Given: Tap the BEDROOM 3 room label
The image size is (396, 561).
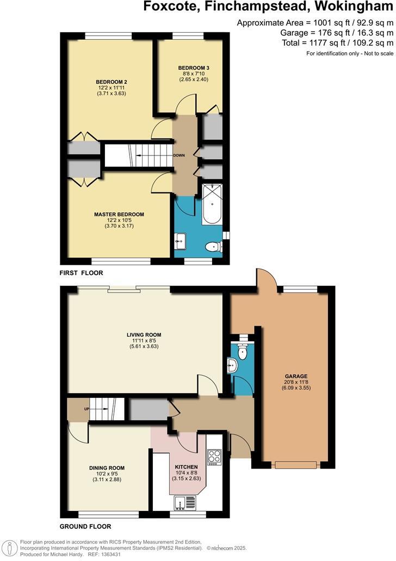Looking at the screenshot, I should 193,67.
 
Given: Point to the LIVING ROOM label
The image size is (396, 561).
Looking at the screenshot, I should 144,334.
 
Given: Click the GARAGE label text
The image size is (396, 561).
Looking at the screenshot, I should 296,376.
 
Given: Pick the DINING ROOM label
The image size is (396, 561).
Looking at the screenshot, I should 107,467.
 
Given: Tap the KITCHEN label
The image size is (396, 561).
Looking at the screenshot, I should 186,467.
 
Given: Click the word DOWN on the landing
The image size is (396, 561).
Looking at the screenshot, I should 179,155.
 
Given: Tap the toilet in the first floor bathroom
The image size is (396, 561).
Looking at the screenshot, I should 212,247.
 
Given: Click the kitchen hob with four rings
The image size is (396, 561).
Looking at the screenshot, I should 214,457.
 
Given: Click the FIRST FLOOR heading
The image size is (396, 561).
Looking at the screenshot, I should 81,273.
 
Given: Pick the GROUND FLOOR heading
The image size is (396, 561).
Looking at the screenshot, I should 85,526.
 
